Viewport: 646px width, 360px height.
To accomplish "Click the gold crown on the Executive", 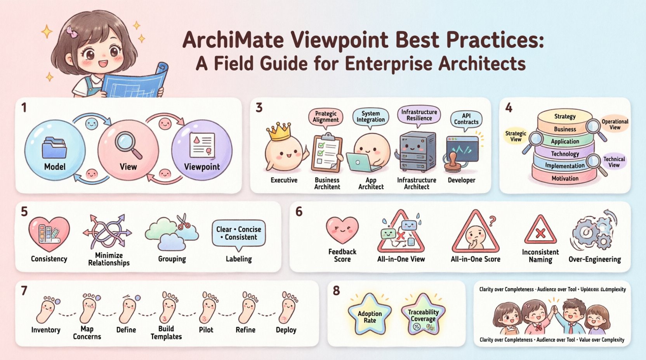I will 280,132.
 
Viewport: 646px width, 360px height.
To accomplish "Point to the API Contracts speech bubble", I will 466,119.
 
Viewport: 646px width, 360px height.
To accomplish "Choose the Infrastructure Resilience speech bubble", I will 419,115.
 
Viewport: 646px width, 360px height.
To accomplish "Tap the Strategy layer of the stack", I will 565,116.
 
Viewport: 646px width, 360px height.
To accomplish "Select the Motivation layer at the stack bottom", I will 565,178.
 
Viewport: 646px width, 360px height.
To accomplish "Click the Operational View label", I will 615,124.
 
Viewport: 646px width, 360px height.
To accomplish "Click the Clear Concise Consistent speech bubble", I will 239,234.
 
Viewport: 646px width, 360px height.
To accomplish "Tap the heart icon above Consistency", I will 49,234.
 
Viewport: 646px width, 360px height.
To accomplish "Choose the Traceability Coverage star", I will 423,316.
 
